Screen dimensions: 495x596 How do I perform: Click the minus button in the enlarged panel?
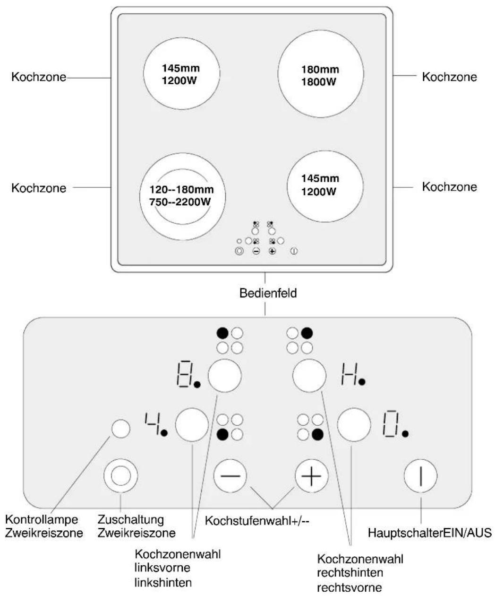pyautogui.click(x=230, y=476)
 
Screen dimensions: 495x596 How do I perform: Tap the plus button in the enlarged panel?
pyautogui.click(x=311, y=476)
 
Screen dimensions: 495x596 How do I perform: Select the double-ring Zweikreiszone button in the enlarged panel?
pyautogui.click(x=120, y=476)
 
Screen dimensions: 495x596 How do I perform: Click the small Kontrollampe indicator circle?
pyautogui.click(x=121, y=429)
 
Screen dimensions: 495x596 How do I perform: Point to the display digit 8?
pyautogui.click(x=184, y=375)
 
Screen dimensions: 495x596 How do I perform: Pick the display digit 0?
pyautogui.click(x=391, y=424)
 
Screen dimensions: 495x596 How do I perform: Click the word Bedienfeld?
pyautogui.click(x=268, y=293)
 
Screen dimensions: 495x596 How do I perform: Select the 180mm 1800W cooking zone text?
pyautogui.click(x=320, y=76)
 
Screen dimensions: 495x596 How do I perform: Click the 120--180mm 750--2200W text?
pyautogui.click(x=181, y=196)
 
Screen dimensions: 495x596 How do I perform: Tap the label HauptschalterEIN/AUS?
pyautogui.click(x=430, y=533)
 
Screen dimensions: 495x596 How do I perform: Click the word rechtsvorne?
pyautogui.click(x=350, y=587)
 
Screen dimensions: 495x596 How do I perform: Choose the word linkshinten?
pyautogui.click(x=163, y=583)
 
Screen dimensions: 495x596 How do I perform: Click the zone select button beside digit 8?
pyautogui.click(x=224, y=376)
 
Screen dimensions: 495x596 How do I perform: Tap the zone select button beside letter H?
pyautogui.click(x=309, y=376)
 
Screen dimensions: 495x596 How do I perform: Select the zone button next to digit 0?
pyautogui.click(x=354, y=425)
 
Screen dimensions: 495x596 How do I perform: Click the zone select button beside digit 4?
pyautogui.click(x=192, y=425)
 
